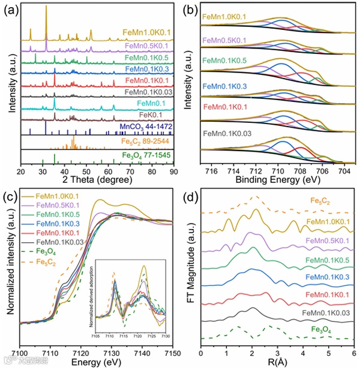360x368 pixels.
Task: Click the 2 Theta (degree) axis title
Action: pos(98,182)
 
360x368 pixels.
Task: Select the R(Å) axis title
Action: pos(277,361)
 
